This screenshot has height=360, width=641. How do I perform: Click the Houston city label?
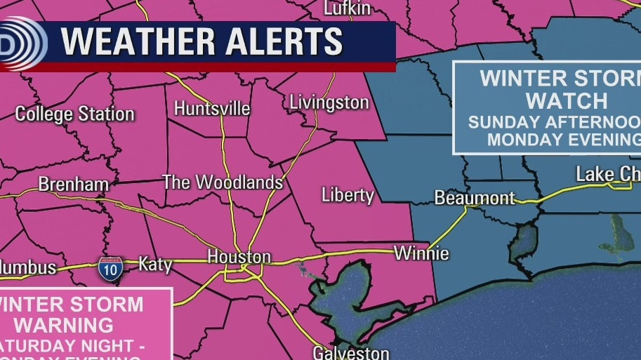[239, 257]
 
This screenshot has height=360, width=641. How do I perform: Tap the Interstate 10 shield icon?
[110, 269]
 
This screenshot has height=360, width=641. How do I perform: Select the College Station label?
[74, 114]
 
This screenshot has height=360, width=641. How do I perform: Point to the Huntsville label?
[211, 109]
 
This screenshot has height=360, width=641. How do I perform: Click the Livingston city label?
[329, 102]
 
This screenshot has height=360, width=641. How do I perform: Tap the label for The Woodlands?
[223, 182]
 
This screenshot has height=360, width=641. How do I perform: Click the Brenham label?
[73, 185]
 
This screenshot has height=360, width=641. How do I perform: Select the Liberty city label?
[348, 194]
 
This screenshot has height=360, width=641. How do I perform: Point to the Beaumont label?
[475, 198]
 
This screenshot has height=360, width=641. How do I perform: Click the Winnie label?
[421, 253]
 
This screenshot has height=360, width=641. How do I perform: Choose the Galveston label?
[351, 352]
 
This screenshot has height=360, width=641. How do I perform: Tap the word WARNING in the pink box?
[64, 325]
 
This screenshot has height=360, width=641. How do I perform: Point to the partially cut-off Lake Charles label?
[607, 174]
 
